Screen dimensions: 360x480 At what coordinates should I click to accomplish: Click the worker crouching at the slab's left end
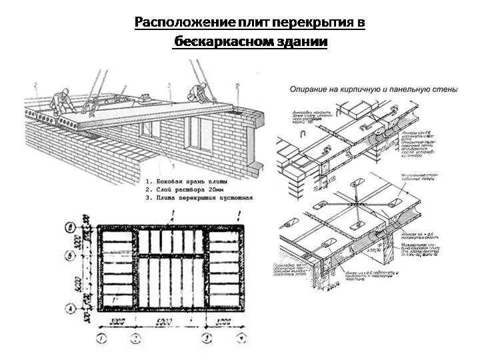click(59, 101)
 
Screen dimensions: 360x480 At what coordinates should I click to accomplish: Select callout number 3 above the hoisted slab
click(170, 85)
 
